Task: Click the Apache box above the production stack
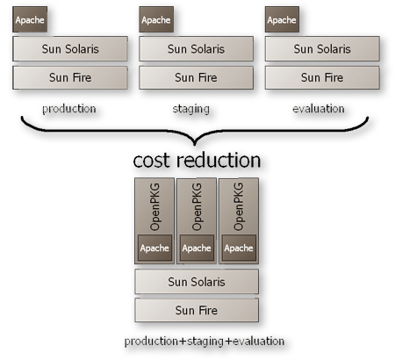tap(30, 19)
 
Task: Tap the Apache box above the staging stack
tap(156, 19)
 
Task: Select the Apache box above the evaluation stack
tap(282, 19)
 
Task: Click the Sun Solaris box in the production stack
tap(70, 49)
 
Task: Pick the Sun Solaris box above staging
tap(196, 49)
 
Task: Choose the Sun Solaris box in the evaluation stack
tap(322, 49)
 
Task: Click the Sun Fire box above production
tap(70, 77)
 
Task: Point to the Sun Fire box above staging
tap(196, 77)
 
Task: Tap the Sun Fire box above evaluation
tap(322, 77)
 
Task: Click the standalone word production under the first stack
tap(69, 109)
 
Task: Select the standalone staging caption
tap(191, 109)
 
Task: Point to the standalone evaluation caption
tap(319, 109)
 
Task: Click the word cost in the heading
tap(151, 161)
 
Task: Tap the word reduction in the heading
tap(219, 160)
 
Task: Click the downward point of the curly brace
tap(195, 144)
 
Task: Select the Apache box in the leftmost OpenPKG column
tap(154, 248)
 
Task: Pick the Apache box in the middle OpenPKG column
tap(197, 248)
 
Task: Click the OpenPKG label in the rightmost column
tap(239, 206)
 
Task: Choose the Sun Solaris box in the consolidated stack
tap(197, 282)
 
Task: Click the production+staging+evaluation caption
tap(205, 342)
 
